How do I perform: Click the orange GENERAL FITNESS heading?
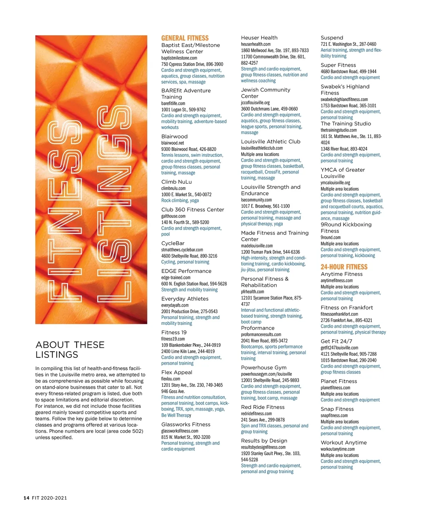pos(185,38)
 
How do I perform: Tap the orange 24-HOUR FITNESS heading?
pos(344,267)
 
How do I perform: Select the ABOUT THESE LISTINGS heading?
pos(70,350)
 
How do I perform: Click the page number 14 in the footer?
pos(26,498)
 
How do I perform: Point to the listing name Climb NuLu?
pos(176,182)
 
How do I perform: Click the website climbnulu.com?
pos(173,188)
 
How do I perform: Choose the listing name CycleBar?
pos(173,243)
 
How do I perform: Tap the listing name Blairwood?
pos(174,136)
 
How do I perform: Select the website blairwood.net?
pos(172,143)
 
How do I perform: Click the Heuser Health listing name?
pos(259,38)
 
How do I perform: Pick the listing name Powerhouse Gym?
pos(264,368)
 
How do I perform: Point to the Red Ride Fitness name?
pos(263,407)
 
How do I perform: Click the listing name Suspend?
pos(332,38)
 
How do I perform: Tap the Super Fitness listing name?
pos(338,65)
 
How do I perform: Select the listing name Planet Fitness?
pos(338,381)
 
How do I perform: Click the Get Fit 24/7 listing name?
pos(336,341)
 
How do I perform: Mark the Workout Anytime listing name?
pos(343,443)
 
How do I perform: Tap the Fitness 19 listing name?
pos(174,333)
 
